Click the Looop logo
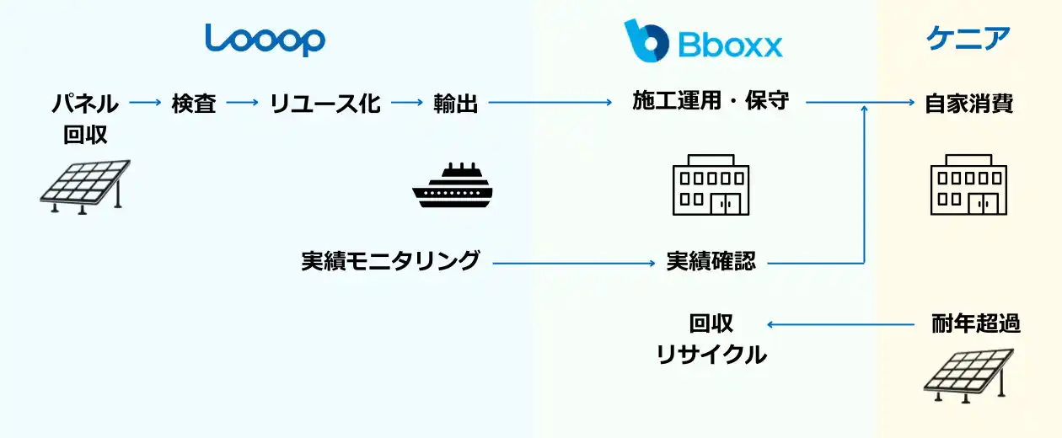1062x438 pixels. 265,40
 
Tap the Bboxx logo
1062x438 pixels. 703,40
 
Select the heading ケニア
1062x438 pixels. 968,39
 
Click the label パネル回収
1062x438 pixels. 86,119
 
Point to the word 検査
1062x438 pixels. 194,104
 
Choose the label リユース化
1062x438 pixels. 324,104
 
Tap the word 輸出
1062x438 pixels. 455,104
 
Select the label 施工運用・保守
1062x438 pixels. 711,101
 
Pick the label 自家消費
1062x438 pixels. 968,104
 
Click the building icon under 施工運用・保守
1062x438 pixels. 711,184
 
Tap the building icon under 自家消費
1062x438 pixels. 968,184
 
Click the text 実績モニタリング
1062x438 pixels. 390,261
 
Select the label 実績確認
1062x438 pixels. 711,261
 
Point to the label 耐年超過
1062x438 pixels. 975,323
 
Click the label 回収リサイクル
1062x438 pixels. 711,339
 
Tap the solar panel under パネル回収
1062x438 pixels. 85,186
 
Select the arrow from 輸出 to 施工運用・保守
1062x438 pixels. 550,104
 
